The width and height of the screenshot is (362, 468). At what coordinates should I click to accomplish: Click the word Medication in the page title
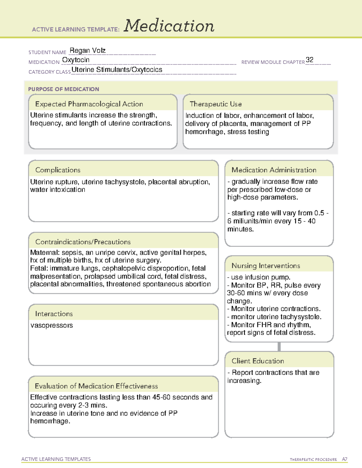click(x=169, y=26)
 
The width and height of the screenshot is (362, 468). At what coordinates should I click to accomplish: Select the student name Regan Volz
click(x=87, y=51)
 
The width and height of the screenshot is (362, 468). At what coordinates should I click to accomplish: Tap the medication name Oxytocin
click(x=76, y=60)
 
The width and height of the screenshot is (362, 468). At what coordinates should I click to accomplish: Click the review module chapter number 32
click(x=310, y=60)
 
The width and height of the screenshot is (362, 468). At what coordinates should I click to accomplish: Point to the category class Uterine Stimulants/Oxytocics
click(x=117, y=70)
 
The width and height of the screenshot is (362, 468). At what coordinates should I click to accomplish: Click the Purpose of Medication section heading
click(x=64, y=89)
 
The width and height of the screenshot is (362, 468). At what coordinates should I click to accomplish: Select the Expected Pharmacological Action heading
click(x=89, y=104)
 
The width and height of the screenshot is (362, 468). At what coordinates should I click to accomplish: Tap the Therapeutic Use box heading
click(x=215, y=104)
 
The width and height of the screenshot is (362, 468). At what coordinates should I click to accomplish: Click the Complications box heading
click(x=58, y=170)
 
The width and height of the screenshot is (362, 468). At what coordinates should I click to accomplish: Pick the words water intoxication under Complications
click(x=58, y=190)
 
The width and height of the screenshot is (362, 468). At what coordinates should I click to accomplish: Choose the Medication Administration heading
click(x=274, y=170)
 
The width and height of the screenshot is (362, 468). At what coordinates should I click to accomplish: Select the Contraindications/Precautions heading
click(x=83, y=242)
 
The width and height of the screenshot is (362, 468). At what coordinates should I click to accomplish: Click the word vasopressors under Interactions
click(x=52, y=325)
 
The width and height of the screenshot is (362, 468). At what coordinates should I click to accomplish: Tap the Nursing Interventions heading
click(x=265, y=266)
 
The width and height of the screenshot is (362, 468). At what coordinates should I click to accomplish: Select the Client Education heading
click(x=258, y=361)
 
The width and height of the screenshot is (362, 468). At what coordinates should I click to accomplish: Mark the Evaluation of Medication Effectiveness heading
click(x=96, y=386)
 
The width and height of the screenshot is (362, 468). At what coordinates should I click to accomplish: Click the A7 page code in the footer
click(x=345, y=459)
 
